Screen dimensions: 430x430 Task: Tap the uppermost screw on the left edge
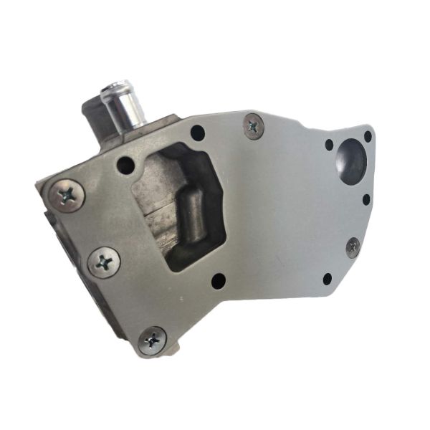tap(67, 195)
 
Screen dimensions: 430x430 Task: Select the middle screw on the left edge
tap(104, 262)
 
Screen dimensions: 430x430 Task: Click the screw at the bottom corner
tap(152, 340)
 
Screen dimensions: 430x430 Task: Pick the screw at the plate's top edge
tap(254, 126)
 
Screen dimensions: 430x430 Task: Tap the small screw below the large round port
tap(353, 247)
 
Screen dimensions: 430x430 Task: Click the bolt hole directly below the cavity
tap(219, 280)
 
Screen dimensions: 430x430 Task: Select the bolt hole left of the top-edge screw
tap(197, 133)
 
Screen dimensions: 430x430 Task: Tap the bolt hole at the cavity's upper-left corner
tap(126, 166)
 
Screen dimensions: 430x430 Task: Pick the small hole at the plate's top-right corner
tap(368, 136)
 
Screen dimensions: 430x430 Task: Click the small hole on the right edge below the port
tap(366, 199)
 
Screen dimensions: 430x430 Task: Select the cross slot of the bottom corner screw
tap(152, 340)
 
